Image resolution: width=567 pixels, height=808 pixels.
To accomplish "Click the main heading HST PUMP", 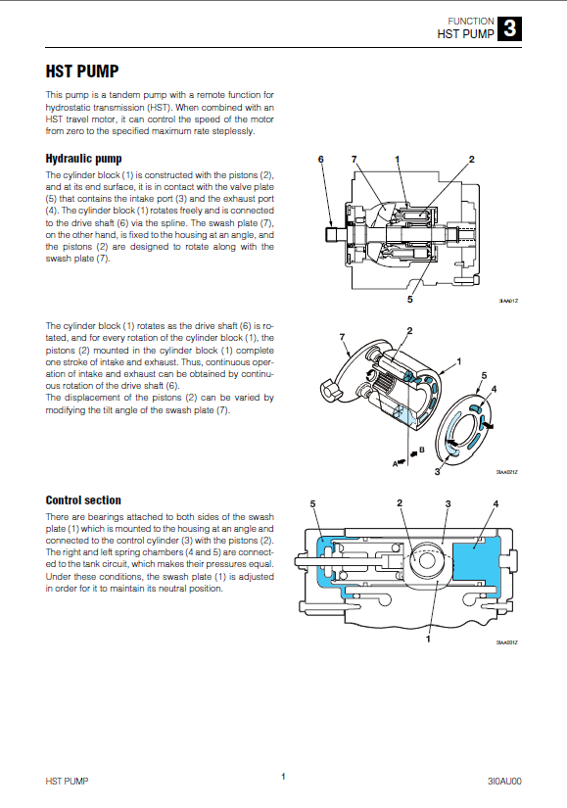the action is point(82,71).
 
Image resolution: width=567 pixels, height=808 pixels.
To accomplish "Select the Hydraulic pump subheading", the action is point(83,159).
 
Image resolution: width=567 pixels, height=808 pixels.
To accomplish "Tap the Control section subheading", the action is point(83,499).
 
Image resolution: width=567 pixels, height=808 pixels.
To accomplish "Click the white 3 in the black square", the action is point(510,28).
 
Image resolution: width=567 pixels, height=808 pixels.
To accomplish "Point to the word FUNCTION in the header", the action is point(471,22).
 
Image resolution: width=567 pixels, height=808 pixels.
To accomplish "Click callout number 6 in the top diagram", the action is point(320,160).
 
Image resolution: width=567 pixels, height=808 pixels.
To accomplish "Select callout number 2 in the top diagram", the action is point(471,160).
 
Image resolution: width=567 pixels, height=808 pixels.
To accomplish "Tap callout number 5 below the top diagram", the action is point(409,299).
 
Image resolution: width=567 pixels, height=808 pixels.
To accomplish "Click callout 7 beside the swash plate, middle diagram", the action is point(343,337).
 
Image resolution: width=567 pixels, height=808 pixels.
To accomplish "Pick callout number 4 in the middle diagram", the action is point(494,389).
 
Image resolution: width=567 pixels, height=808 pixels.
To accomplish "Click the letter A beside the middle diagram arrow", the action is point(395,464).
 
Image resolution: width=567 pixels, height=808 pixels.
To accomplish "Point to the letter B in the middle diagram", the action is point(422,450).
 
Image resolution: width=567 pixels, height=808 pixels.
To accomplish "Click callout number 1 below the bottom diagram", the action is point(428,639).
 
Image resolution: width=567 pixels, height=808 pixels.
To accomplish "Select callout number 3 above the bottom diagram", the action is point(448,503).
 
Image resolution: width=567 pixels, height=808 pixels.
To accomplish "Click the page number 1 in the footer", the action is point(283,777).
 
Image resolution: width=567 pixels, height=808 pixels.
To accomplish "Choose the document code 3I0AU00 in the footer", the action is point(504,782).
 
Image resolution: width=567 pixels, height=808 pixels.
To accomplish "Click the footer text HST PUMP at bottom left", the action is point(67,782).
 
